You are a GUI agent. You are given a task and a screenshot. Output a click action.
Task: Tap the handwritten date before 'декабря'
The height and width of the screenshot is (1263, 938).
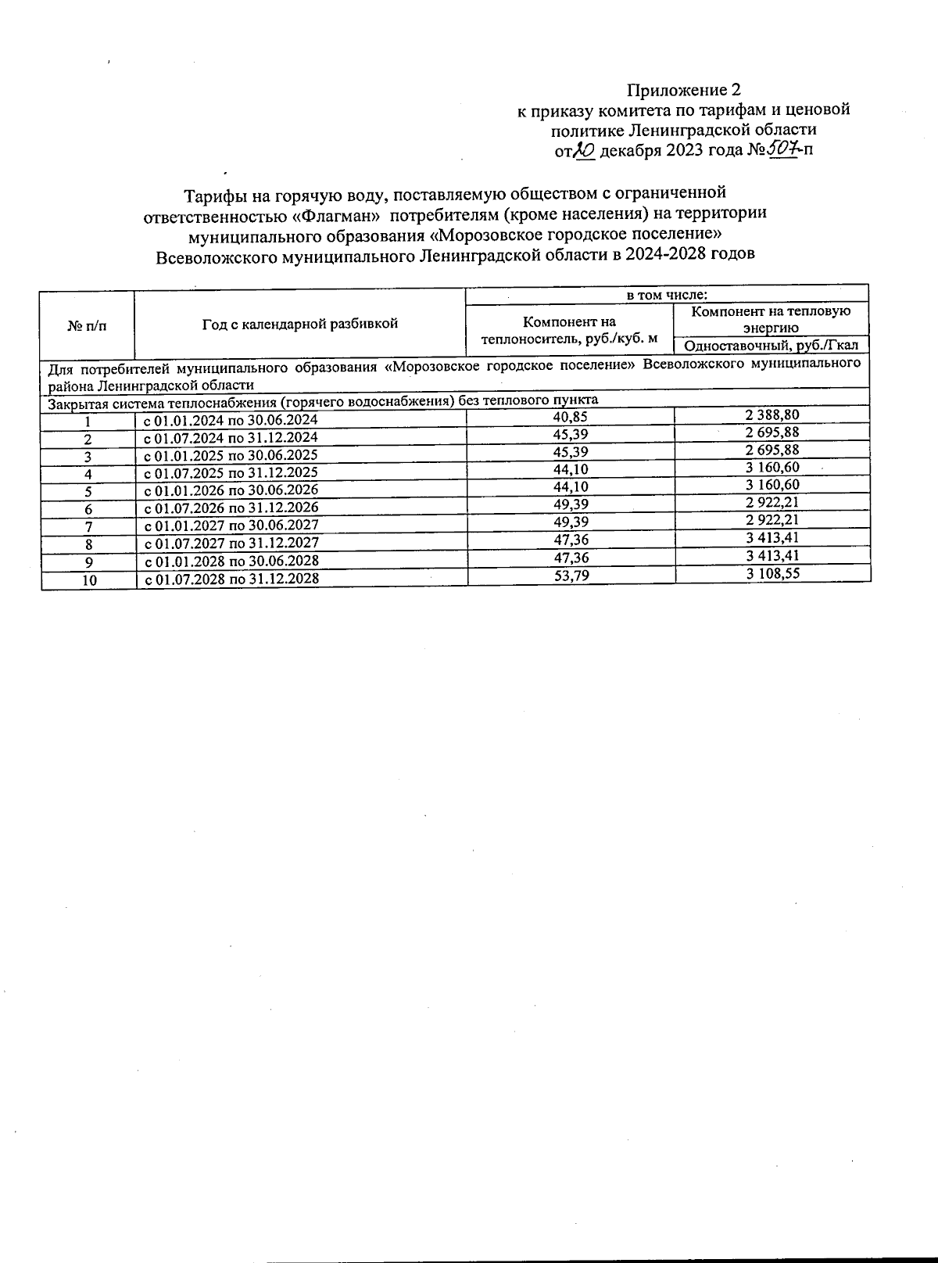[x=585, y=150]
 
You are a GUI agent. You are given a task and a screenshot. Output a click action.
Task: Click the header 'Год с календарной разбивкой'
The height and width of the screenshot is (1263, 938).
[x=300, y=323]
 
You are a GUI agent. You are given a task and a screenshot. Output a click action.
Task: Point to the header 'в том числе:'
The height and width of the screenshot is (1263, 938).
[x=667, y=296]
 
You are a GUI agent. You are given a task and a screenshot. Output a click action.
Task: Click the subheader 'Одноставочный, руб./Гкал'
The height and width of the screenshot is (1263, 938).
[x=771, y=346]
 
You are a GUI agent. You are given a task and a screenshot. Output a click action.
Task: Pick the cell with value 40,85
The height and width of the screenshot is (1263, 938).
[x=570, y=417]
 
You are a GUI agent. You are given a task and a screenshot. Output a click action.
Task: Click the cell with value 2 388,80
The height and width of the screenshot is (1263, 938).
[x=772, y=415]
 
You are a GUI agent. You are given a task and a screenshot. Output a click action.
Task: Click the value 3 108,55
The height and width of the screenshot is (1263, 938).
[x=772, y=573]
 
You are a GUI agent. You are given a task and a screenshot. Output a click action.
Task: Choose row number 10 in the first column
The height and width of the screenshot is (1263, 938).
[x=89, y=580]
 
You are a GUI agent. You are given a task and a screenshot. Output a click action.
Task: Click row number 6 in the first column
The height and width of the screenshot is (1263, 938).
[x=89, y=509]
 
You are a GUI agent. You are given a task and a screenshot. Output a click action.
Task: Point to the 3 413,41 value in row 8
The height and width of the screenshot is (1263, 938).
[x=772, y=538]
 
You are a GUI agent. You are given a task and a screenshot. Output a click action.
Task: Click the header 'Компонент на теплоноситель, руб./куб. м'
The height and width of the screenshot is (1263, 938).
[x=569, y=330]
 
